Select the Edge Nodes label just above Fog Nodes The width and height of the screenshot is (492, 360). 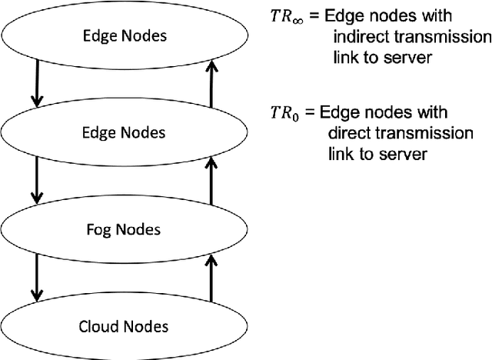coord(124,132)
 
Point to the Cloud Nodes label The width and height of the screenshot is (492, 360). coord(124,325)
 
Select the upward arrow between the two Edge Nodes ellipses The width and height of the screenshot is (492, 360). coord(211,85)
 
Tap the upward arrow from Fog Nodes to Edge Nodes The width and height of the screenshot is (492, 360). coord(211,182)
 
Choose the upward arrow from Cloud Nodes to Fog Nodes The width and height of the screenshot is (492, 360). coord(211,278)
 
